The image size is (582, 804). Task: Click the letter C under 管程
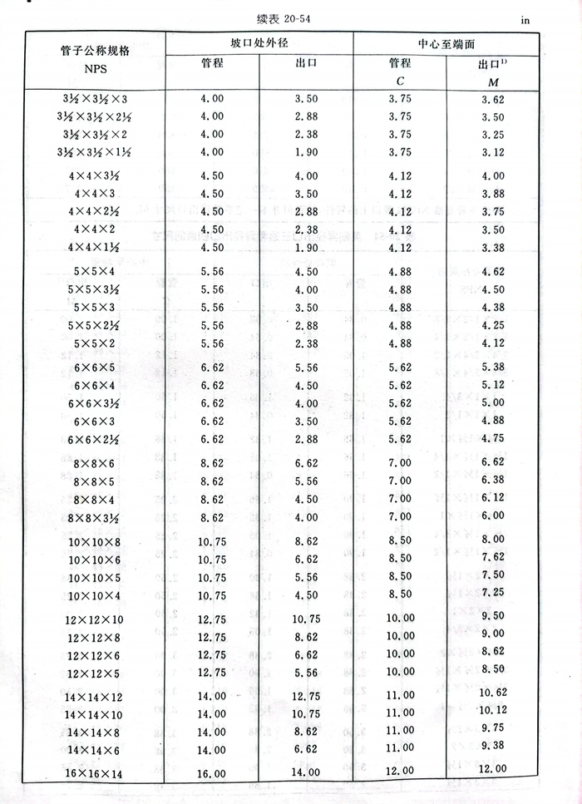[399, 81]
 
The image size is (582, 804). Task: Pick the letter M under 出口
[493, 81]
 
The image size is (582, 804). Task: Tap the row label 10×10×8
[94, 541]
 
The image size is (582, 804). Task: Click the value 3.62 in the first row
[493, 100]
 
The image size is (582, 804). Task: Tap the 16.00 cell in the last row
[212, 773]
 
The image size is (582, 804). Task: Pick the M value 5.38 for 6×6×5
[493, 367]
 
